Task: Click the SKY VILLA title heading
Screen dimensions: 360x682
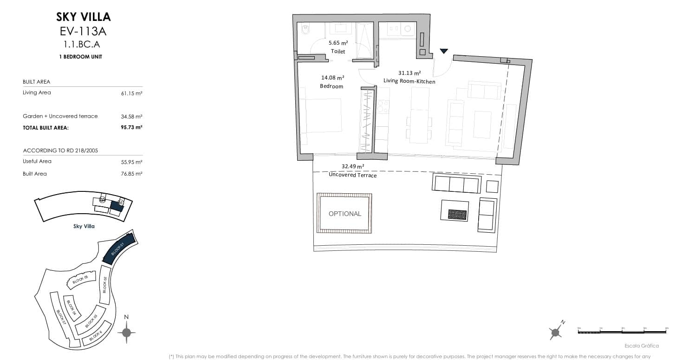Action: [84, 17]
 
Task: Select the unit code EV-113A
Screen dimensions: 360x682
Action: [84, 32]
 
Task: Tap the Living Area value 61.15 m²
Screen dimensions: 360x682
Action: [131, 93]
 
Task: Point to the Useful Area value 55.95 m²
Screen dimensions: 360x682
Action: [131, 162]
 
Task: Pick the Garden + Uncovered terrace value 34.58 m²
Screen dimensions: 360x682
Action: [131, 116]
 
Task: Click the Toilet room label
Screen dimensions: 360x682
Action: [338, 52]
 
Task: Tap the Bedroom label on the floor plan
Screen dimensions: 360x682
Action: [331, 86]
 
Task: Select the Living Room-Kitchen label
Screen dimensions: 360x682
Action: [409, 81]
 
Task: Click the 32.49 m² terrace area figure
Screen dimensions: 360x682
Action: [353, 166]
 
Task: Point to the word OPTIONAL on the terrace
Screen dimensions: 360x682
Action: [344, 214]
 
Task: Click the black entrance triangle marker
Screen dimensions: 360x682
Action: [444, 51]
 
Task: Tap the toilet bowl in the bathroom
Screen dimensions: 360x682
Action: [305, 31]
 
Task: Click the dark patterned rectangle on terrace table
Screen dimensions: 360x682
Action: [457, 214]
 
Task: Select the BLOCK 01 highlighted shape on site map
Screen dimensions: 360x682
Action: [118, 249]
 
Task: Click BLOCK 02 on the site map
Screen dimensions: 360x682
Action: [105, 284]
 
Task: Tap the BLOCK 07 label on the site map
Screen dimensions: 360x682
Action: [61, 317]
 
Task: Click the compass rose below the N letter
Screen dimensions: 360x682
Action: [126, 332]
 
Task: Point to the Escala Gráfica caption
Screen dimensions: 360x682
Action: [642, 346]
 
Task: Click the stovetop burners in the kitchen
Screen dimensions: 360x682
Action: [383, 107]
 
